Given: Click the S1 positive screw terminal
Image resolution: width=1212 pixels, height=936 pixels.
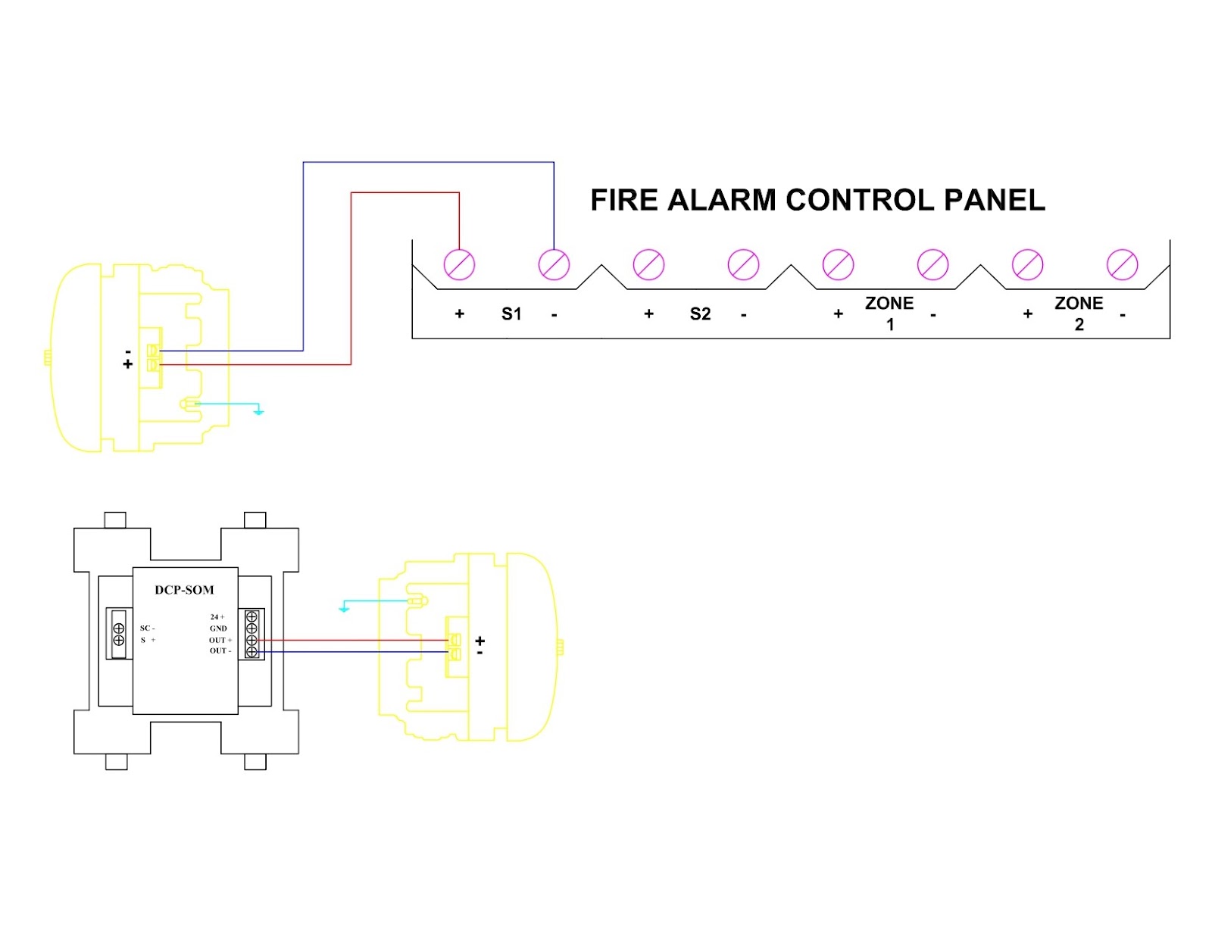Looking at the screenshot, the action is click(459, 264).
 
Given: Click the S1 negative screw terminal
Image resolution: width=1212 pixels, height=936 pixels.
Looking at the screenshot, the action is click(554, 264).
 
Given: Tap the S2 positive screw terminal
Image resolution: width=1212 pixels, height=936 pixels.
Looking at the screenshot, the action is click(648, 264).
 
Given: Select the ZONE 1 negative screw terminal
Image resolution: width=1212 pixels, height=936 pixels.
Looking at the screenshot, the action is click(932, 264).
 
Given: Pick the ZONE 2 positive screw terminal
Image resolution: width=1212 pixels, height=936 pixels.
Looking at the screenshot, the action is click(1027, 264).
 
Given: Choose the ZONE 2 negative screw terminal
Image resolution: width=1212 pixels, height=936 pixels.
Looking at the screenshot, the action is click(1122, 264).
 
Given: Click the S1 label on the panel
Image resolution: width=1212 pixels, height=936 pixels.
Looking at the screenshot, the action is click(511, 314).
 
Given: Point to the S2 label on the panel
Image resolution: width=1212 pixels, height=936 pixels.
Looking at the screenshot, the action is click(701, 314).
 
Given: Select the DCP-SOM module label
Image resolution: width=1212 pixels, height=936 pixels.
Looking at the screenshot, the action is click(184, 590).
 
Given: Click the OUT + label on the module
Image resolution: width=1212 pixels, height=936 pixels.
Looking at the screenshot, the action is click(220, 640).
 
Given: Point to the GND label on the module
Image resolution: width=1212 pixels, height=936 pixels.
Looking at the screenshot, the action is click(218, 629).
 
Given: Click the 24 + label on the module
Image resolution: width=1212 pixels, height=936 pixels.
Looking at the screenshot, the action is click(217, 616).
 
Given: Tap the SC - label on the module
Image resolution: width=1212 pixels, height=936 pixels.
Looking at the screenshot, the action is click(147, 629).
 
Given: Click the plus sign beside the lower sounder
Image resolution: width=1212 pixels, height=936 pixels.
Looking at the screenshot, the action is click(479, 641).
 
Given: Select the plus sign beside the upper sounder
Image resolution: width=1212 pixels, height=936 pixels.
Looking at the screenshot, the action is click(128, 364).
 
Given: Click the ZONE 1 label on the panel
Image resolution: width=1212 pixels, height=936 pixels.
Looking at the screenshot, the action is click(889, 314).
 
